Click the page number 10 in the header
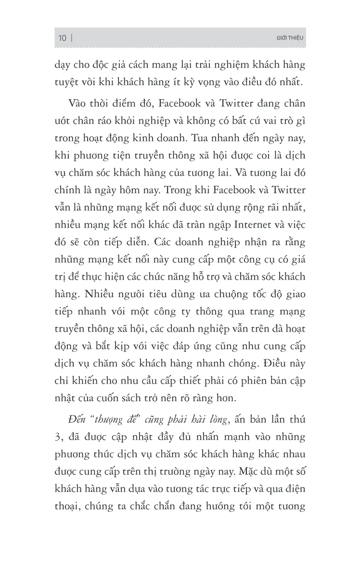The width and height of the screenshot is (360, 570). click(62, 39)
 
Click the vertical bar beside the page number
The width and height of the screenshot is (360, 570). click(72, 39)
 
